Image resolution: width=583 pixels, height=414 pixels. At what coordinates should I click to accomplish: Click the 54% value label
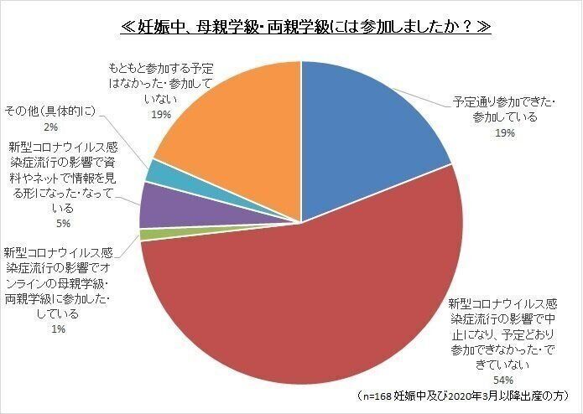[508, 379]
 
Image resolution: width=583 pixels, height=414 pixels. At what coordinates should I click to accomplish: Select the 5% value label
[63, 224]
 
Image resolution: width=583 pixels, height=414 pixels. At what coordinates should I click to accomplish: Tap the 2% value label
[50, 127]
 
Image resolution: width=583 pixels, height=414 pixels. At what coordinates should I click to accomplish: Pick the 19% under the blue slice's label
[504, 132]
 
